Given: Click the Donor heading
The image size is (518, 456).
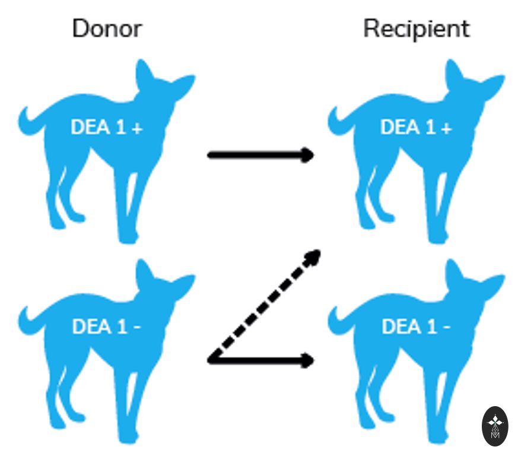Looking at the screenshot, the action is pyautogui.click(x=107, y=28).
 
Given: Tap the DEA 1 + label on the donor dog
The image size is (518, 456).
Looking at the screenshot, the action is pyautogui.click(x=107, y=127).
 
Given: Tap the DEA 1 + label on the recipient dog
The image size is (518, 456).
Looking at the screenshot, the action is pyautogui.click(x=416, y=127).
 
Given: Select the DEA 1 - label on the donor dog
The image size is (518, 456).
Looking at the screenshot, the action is pyautogui.click(x=106, y=327).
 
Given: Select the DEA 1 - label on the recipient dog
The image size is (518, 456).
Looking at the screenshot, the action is pyautogui.click(x=416, y=327).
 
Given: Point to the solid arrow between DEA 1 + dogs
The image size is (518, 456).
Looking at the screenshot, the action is pyautogui.click(x=260, y=155).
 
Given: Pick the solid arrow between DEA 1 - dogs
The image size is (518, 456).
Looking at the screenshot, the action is pyautogui.click(x=260, y=360).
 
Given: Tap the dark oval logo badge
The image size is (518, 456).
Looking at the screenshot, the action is pyautogui.click(x=495, y=426).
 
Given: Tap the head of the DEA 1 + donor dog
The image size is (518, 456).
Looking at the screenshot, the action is pyautogui.click(x=162, y=83).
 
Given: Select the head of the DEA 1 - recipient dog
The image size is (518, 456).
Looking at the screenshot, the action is pyautogui.click(x=472, y=282).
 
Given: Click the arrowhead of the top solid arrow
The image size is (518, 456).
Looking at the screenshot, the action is pyautogui.click(x=308, y=155).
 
